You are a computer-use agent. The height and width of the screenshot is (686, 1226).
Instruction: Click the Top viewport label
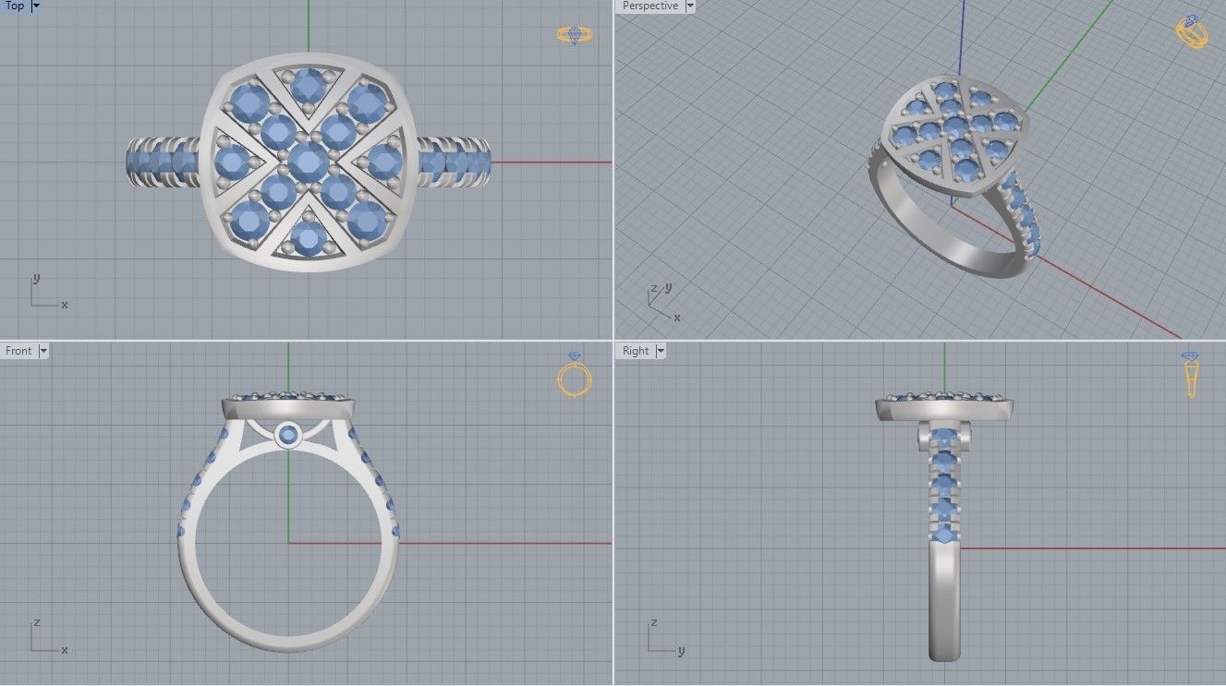coord(14,6)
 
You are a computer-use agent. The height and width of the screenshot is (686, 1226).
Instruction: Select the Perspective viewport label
coord(649,6)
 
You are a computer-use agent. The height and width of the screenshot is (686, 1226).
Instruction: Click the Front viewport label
coord(18,351)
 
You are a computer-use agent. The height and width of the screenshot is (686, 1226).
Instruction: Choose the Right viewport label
coord(636,351)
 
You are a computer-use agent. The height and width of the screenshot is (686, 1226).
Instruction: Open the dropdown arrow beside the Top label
coord(36,6)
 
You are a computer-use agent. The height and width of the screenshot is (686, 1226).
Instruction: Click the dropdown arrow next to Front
coord(43,351)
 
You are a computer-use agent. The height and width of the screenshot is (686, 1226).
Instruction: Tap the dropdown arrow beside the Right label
coord(661,351)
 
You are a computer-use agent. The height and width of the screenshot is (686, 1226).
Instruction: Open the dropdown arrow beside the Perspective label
coord(688,6)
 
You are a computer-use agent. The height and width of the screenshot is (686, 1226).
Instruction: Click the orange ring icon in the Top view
coord(575,35)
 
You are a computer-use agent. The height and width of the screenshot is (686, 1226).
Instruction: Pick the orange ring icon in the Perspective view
coord(1191,32)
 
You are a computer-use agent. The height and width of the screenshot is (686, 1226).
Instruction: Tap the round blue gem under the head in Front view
coord(288,434)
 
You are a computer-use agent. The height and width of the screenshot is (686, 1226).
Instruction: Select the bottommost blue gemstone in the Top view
coord(308,236)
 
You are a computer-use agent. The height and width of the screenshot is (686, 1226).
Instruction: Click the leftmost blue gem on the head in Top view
coord(232,163)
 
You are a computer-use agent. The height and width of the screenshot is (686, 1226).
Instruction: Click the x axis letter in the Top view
coord(64,305)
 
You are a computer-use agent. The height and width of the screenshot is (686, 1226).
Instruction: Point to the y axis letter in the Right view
coord(680,651)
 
